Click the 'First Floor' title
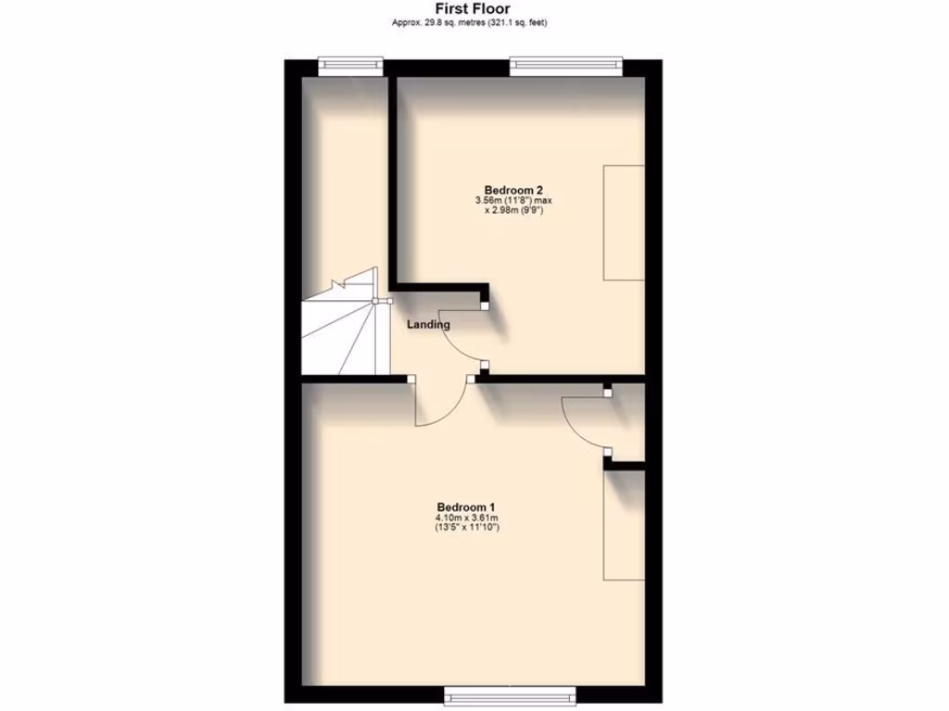pos(474,9)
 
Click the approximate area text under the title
pos(474,22)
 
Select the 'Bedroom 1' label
pos(466,506)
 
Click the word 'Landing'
pos(428,325)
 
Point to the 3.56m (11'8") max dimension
pos(512,200)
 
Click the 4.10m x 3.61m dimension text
pos(466,518)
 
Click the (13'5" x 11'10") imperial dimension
pos(466,529)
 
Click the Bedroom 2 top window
pos(566,65)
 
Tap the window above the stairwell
pos(350,65)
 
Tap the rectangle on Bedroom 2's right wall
pos(624,222)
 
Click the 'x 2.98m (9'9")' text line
pos(512,210)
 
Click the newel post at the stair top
pos(375,301)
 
